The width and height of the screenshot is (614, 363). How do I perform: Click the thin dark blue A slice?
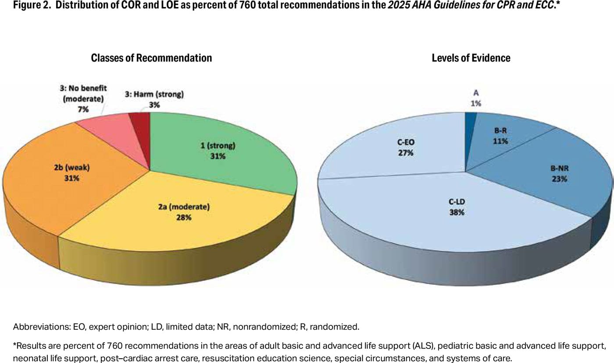coord(470,118)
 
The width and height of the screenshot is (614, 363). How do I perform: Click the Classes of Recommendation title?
coord(151,58)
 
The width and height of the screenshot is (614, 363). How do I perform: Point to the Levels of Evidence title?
coord(471,58)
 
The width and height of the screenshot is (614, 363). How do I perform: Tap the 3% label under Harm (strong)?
coord(154,105)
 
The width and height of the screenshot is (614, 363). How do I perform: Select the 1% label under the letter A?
coord(476,104)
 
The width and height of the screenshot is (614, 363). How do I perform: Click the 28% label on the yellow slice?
coord(183,217)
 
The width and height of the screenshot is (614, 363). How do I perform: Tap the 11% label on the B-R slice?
coord(500,141)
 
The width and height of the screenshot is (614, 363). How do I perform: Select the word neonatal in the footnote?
coord(27,358)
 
